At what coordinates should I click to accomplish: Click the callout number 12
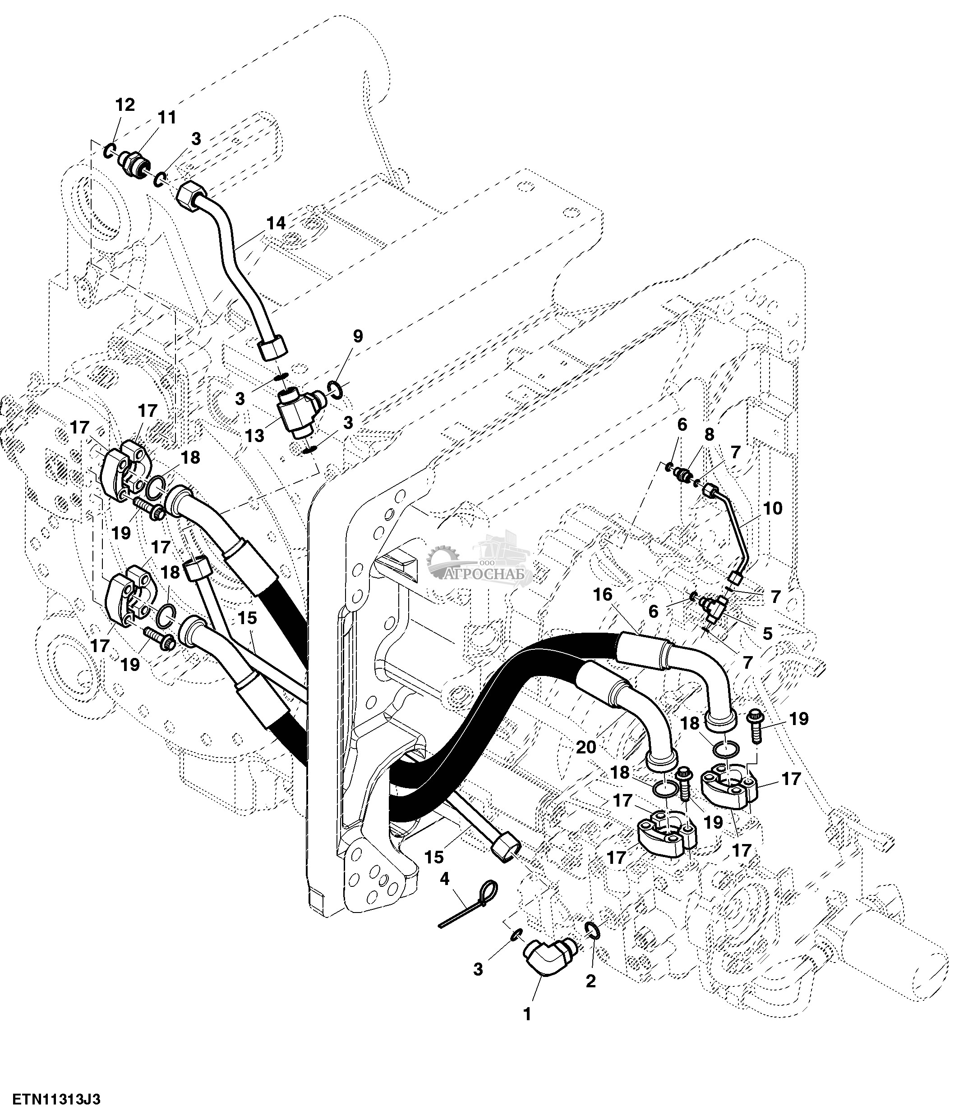coord(125,105)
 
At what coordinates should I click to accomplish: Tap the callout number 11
coord(166,118)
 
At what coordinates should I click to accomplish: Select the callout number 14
coord(276,224)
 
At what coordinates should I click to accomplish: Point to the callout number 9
coord(357,336)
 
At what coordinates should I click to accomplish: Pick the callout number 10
coord(773,508)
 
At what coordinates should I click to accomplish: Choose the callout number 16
coord(603,595)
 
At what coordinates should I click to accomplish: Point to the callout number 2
coord(591,981)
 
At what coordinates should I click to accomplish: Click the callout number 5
coord(767,634)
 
